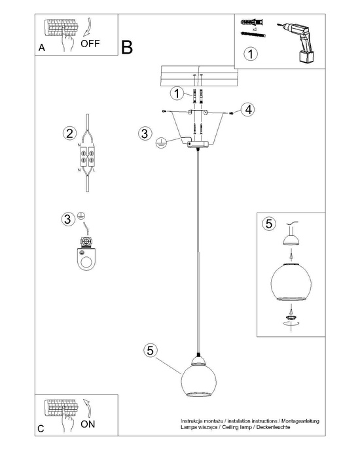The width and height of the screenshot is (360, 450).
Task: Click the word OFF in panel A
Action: (x=90, y=44)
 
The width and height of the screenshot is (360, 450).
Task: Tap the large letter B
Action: (x=126, y=47)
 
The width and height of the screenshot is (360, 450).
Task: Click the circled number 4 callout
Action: (x=247, y=109)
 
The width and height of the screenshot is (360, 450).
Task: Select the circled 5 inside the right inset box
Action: (x=268, y=224)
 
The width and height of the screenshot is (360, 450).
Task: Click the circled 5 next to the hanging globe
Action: (x=150, y=351)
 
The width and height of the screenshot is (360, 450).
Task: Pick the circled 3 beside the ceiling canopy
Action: (x=145, y=133)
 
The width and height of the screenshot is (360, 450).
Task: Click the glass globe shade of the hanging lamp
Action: (x=198, y=381)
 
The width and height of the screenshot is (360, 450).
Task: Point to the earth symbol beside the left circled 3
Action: (x=82, y=215)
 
